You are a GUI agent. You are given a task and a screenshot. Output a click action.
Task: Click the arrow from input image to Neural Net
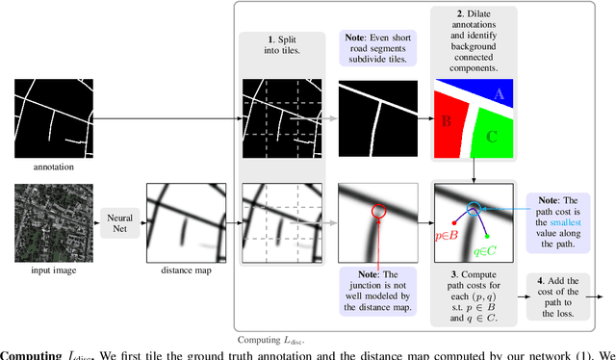(x=90, y=226)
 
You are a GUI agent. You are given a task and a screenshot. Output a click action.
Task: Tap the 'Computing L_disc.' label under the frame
(x=272, y=340)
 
